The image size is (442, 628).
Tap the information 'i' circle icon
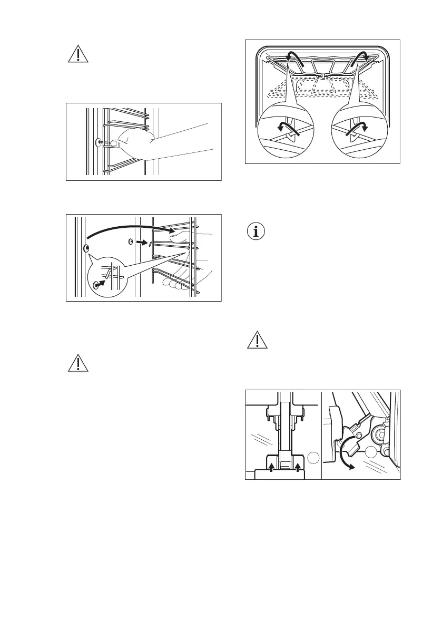257,231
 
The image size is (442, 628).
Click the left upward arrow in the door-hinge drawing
272,468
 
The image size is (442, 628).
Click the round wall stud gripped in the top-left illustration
98,142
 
